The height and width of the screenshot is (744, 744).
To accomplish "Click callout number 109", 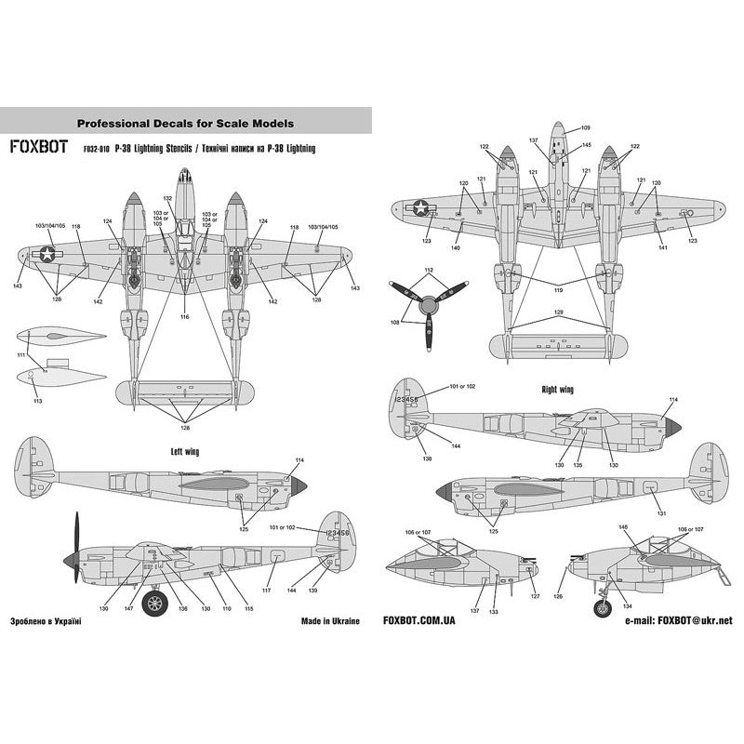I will tap(585, 127).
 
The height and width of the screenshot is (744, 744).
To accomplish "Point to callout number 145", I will tap(586, 145).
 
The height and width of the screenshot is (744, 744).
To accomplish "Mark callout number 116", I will tap(184, 318).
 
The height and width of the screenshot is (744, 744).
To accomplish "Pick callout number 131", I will tap(661, 513).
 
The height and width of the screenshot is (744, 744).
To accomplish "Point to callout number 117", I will tap(265, 591).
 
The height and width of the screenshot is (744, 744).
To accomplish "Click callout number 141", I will tap(662, 248).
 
